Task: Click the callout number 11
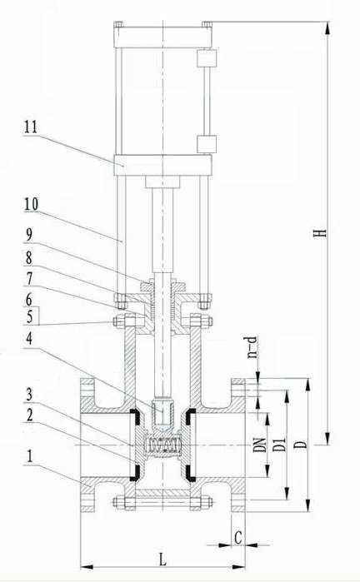31,127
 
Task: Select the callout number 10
31,204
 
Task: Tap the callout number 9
28,235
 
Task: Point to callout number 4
28,338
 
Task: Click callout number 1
29,456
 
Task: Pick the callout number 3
29,395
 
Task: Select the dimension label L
162,560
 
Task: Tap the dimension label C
238,537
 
